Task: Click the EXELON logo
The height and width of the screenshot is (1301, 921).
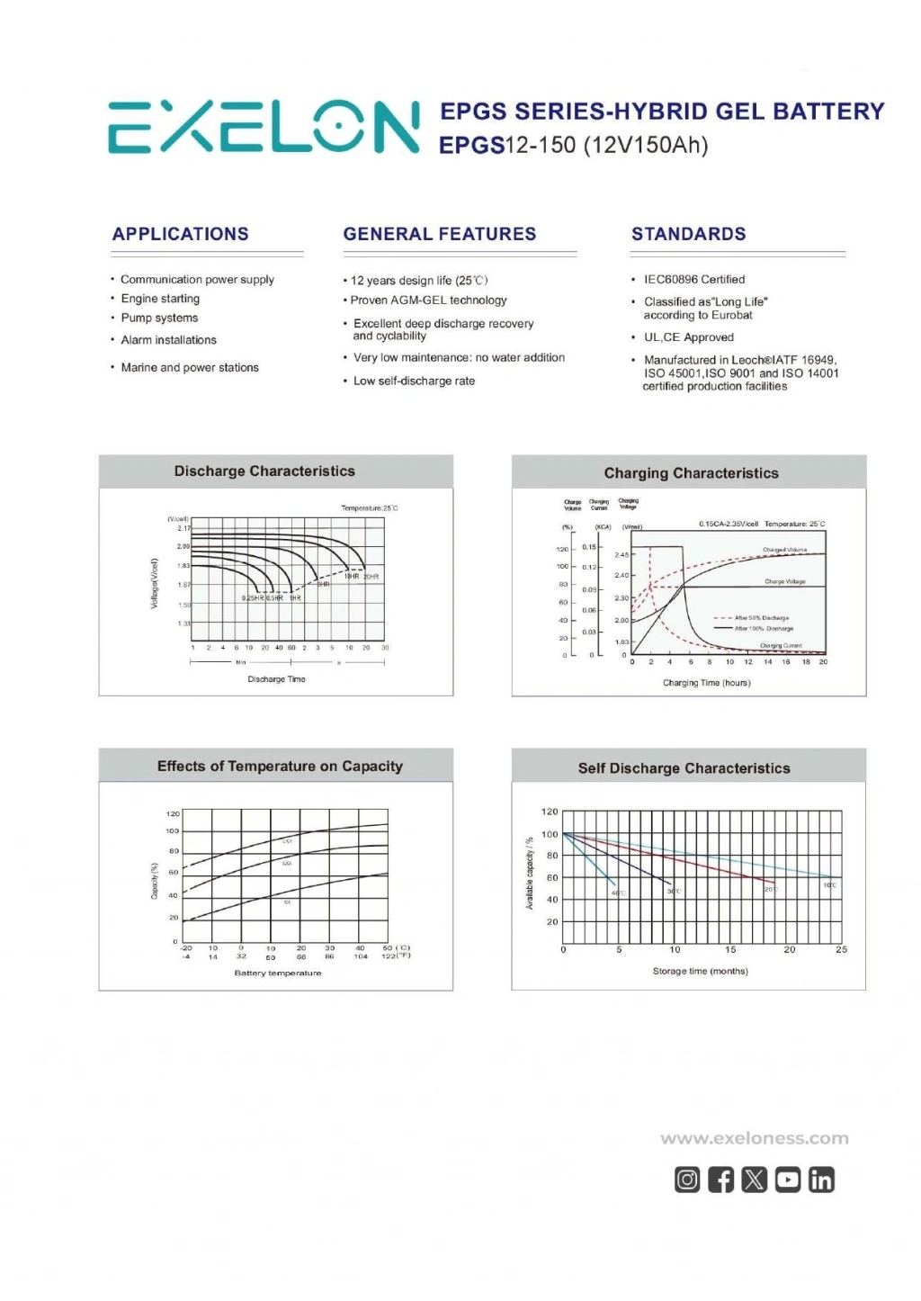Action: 264,126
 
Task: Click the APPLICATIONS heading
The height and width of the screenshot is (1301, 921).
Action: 180,234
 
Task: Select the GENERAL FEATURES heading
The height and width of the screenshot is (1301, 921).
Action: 439,234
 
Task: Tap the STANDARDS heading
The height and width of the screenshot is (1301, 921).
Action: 688,234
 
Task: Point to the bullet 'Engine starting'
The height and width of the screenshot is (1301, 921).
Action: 160,299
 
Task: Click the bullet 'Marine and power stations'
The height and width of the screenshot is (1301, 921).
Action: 190,367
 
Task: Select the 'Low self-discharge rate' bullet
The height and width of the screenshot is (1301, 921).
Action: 414,381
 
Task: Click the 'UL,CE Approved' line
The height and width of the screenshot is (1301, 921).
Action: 688,337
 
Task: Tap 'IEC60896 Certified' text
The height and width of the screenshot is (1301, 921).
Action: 693,279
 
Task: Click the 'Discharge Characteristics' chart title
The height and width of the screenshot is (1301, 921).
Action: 264,471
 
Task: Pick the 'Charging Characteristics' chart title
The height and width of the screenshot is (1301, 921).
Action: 691,473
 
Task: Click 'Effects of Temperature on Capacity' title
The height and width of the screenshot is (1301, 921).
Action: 280,767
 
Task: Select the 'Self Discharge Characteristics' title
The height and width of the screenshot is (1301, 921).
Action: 684,768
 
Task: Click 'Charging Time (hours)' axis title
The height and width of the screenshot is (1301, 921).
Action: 706,683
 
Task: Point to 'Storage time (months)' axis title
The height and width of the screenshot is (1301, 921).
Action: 700,971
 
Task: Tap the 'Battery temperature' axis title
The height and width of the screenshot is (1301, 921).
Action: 277,973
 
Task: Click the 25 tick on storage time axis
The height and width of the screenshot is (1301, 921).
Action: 841,949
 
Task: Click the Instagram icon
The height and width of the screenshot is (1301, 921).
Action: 687,1180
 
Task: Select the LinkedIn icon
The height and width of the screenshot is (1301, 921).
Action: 821,1180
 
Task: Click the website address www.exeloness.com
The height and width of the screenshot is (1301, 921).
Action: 754,1138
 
